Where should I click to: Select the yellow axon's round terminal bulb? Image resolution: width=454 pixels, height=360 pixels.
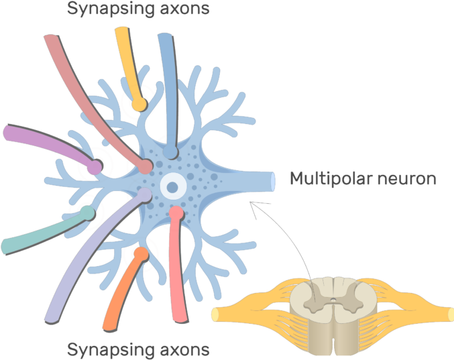click(x=138, y=104)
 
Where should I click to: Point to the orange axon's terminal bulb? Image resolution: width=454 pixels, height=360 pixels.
click(x=141, y=254)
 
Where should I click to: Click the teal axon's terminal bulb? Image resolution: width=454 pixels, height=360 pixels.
click(x=87, y=214)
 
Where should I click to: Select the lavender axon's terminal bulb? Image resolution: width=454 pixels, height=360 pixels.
click(x=144, y=195)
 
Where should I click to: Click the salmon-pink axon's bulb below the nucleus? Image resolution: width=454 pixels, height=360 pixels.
click(x=176, y=213)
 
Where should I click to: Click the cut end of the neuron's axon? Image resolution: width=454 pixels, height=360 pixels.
click(x=272, y=180)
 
